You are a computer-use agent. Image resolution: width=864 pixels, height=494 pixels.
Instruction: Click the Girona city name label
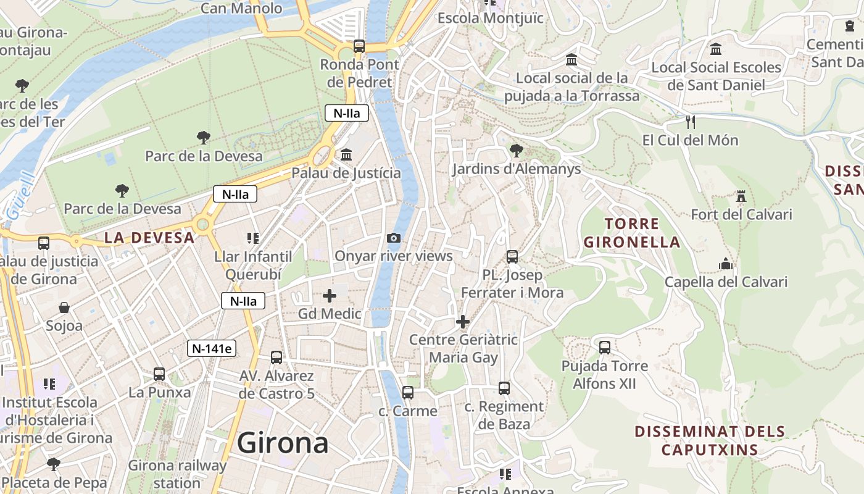283,443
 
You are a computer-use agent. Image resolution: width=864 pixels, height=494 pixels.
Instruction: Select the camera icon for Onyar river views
393,238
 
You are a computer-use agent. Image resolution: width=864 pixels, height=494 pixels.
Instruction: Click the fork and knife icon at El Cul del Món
690,122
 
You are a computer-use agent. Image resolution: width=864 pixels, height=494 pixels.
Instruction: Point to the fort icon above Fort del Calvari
741,196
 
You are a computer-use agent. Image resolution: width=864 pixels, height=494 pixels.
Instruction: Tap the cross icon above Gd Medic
330,296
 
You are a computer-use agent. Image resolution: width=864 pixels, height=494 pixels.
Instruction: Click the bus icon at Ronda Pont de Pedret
359,46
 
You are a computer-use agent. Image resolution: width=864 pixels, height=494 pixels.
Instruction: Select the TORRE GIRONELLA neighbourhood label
632,233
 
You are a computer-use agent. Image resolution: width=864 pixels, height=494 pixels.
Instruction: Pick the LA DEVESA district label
149,238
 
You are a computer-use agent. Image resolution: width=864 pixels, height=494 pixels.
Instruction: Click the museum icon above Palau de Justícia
346,154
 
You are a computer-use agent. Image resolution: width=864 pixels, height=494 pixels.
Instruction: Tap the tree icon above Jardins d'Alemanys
516,150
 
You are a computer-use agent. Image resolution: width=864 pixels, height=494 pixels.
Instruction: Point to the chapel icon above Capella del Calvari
726,264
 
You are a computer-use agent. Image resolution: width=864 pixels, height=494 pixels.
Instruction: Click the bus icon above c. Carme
407,393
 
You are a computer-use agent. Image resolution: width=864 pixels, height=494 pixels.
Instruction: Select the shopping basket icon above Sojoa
64,308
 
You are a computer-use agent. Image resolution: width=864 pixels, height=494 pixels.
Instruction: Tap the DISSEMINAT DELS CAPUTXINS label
710,440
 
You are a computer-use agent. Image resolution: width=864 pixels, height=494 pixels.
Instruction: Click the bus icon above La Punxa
159,374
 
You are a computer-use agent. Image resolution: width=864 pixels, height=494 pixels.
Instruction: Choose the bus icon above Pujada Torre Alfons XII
604,348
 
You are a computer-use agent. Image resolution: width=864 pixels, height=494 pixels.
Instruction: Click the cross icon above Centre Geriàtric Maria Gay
463,322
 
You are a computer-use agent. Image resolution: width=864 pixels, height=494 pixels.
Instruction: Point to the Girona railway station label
178,474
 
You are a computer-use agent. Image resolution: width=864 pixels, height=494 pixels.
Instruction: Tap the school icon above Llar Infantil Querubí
252,238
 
